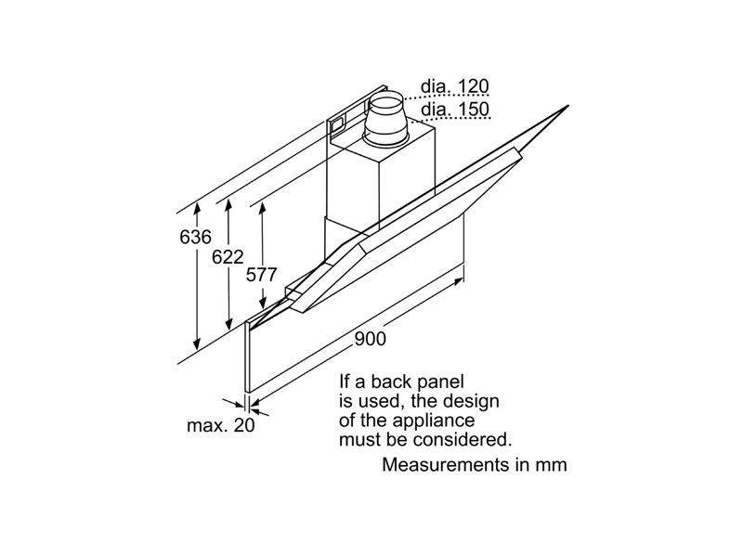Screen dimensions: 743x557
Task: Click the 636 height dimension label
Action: coord(195,237)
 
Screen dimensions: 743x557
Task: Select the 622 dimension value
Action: coord(228,257)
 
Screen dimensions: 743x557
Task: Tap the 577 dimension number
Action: coord(261,275)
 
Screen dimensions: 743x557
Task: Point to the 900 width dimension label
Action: coord(370,339)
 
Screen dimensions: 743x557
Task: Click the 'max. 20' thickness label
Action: coord(221,425)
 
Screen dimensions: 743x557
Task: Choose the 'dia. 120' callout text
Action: coord(455,86)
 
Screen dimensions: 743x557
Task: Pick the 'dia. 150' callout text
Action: coord(455,109)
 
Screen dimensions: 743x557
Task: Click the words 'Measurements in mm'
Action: coord(475,465)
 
